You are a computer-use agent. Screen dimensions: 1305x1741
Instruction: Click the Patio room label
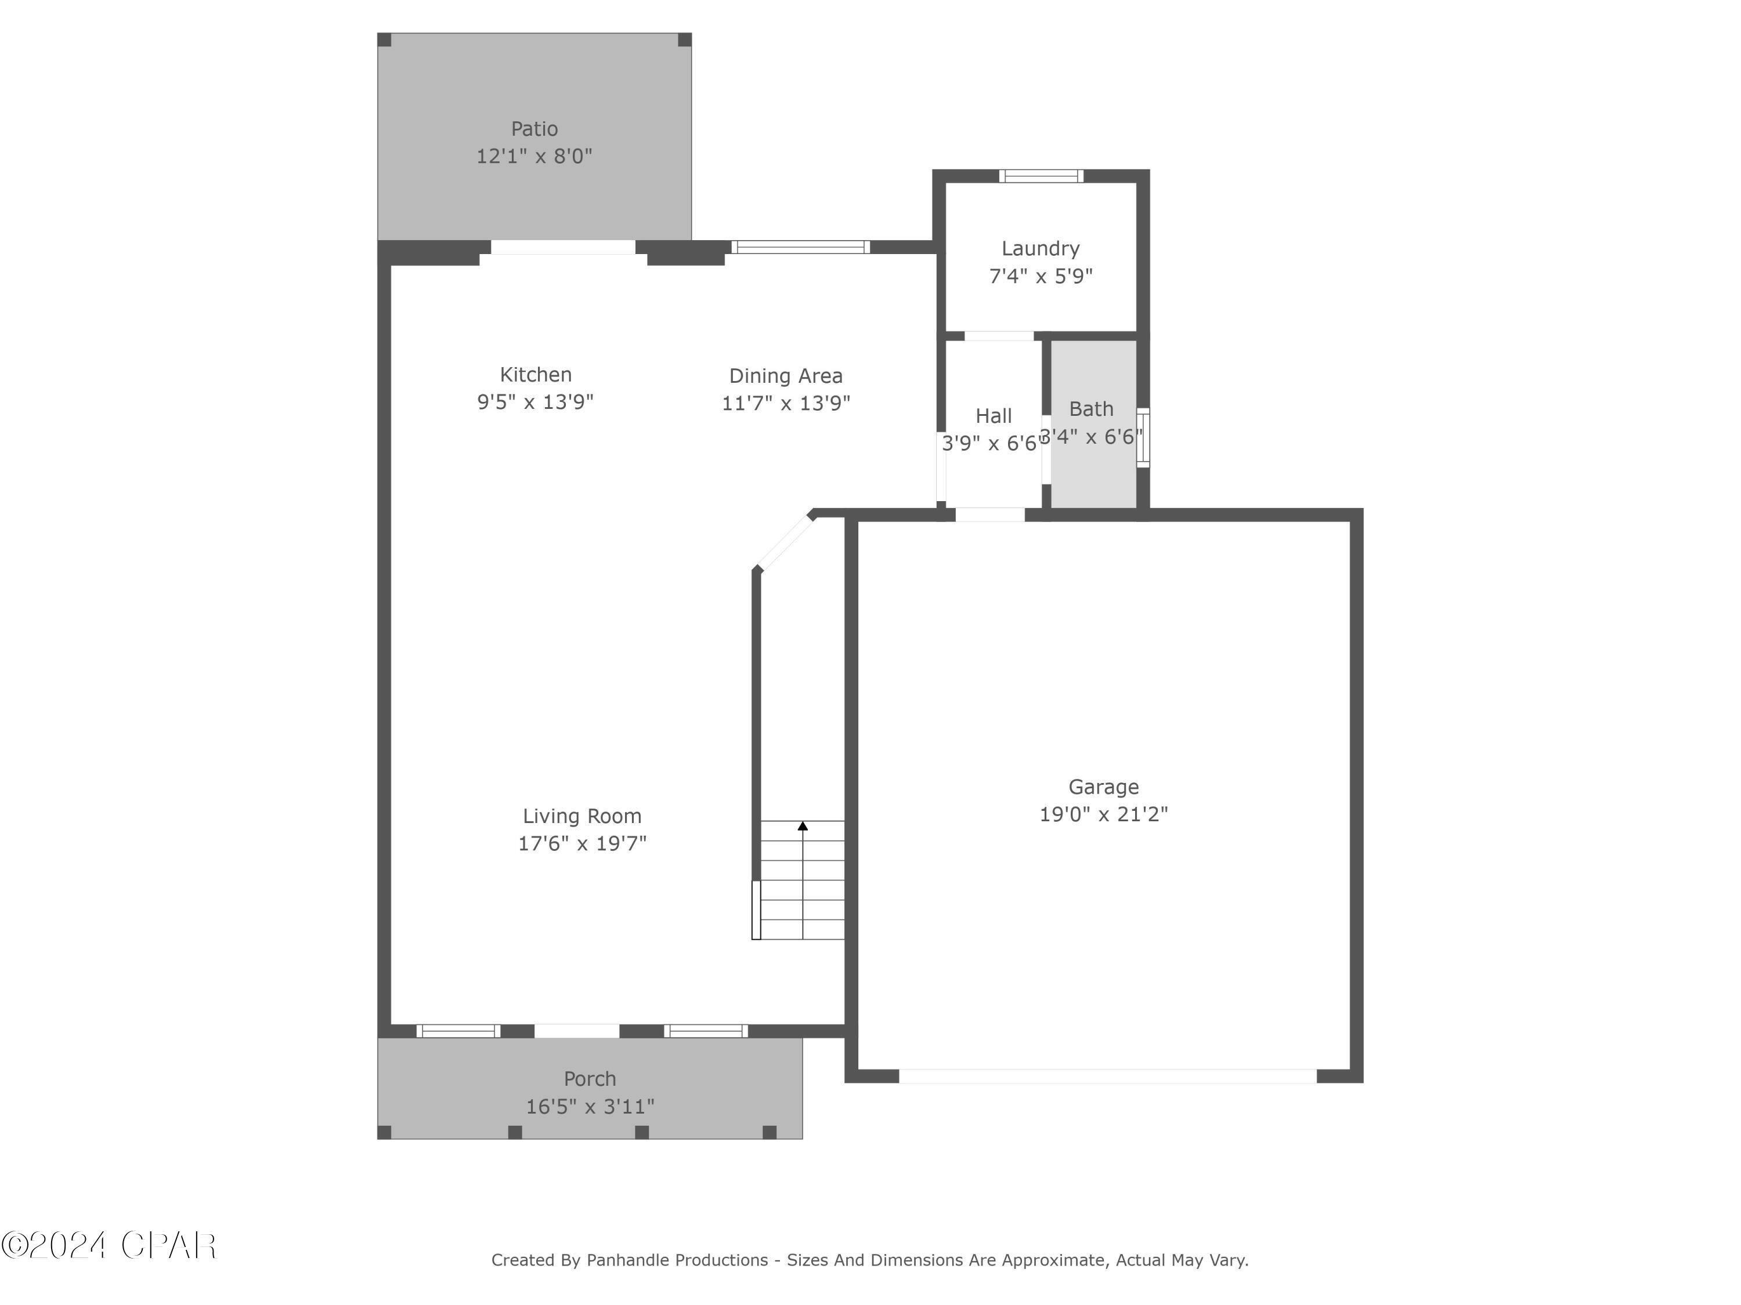click(x=534, y=129)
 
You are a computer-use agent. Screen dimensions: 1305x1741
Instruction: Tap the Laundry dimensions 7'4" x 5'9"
click(x=1041, y=276)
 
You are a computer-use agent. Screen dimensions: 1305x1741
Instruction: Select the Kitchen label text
click(x=535, y=375)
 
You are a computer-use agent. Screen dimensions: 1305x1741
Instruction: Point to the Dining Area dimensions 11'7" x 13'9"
click(x=786, y=403)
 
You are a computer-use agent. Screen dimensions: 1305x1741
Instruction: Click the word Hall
click(x=994, y=415)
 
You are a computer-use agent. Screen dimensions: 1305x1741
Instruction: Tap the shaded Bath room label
click(x=1091, y=409)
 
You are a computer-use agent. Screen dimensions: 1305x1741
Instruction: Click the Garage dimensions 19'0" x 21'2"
click(x=1103, y=814)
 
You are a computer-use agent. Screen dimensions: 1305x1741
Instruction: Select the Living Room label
click(x=581, y=815)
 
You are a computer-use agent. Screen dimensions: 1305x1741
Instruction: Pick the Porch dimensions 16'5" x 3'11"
click(x=590, y=1107)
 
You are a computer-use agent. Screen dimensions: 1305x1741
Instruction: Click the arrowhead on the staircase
click(x=803, y=826)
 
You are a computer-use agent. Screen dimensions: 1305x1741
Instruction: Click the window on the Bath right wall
click(x=1143, y=437)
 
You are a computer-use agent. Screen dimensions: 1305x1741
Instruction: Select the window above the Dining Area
click(x=800, y=247)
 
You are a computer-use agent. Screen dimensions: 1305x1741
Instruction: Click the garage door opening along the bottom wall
click(x=1107, y=1076)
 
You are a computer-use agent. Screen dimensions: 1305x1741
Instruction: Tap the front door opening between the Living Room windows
click(x=577, y=1031)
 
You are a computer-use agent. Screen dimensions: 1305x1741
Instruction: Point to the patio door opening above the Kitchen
click(x=563, y=247)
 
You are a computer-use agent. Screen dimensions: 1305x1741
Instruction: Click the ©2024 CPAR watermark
click(x=109, y=1245)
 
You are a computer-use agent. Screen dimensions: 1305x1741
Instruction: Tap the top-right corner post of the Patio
click(x=685, y=39)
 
